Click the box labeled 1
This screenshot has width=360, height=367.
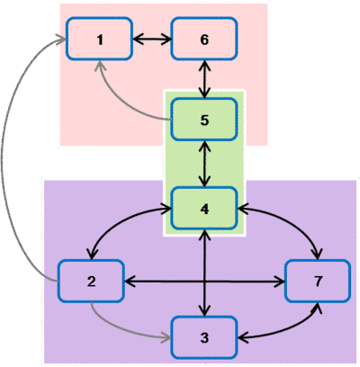99,39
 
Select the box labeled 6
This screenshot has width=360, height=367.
204,39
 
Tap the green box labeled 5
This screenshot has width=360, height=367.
204,120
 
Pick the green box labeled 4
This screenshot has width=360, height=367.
204,209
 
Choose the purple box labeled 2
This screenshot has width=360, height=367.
91,281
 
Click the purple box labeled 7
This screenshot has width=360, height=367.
318,281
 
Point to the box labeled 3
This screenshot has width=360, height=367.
204,337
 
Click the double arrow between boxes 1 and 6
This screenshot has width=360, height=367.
152,39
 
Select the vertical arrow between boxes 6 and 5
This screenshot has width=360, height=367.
205,79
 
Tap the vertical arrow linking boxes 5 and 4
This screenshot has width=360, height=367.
205,164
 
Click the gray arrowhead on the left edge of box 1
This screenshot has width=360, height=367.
61,39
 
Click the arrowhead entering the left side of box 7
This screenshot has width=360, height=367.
280,282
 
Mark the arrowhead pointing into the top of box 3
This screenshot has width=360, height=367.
205,311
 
